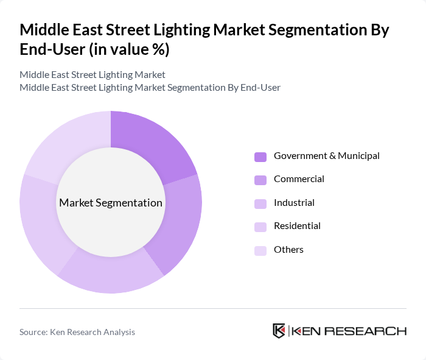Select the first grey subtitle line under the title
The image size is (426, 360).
tap(93, 75)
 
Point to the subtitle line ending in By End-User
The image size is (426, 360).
tap(150, 87)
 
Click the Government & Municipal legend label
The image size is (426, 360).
tap(326, 156)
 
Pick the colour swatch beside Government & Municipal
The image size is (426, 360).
tap(260, 157)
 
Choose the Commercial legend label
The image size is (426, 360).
tap(299, 179)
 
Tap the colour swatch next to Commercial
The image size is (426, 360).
tap(260, 180)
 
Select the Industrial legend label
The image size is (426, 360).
tap(294, 203)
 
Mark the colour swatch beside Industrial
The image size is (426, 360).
tap(260, 203)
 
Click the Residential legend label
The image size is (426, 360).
tap(297, 226)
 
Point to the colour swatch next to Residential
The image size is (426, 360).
tap(260, 227)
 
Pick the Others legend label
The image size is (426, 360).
tap(288, 250)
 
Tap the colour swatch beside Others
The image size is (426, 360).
tap(260, 250)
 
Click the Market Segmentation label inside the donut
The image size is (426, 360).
tap(111, 203)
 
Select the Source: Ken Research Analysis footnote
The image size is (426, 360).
tap(77, 332)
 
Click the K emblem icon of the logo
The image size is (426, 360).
tap(279, 331)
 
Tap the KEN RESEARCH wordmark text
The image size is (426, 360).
tap(349, 331)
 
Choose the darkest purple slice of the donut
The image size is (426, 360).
tap(152, 146)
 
